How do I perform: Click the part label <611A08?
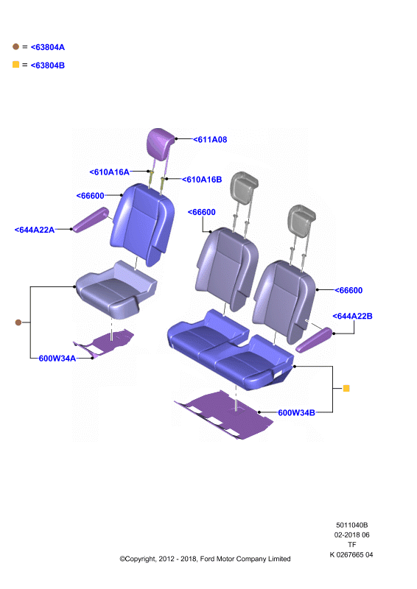[210, 140]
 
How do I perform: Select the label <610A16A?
[110, 172]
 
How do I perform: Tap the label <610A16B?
[202, 180]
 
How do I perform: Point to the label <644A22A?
[35, 230]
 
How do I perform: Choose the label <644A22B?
[352, 317]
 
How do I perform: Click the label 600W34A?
[57, 359]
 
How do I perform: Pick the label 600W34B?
[296, 413]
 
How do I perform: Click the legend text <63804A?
[48, 47]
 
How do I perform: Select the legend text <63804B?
[48, 66]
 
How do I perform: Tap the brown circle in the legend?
[15, 46]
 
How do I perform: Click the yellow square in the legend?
[15, 64]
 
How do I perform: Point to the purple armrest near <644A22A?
[91, 219]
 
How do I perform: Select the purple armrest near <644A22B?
[314, 340]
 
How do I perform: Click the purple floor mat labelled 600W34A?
[105, 343]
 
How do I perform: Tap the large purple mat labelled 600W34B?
[224, 415]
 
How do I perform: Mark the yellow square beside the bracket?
[346, 388]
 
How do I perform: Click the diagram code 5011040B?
[352, 525]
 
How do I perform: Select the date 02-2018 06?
[352, 535]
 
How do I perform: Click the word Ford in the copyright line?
[207, 559]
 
